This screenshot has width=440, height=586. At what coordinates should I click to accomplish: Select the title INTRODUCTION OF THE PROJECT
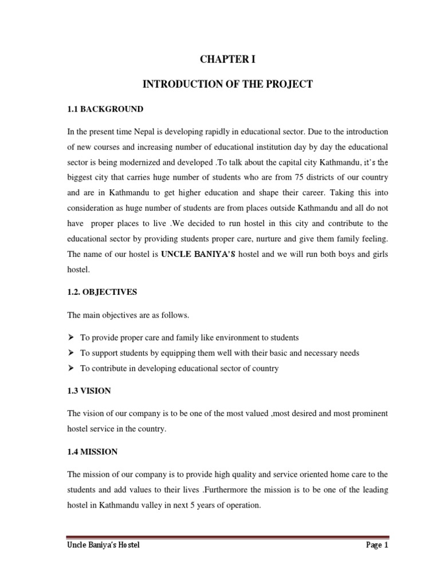(x=227, y=84)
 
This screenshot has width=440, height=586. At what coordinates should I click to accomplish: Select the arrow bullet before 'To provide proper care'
(x=71, y=338)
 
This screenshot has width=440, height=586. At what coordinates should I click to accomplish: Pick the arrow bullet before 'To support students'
(x=71, y=353)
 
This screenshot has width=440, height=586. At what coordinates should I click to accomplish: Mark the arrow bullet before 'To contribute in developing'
(x=71, y=369)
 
